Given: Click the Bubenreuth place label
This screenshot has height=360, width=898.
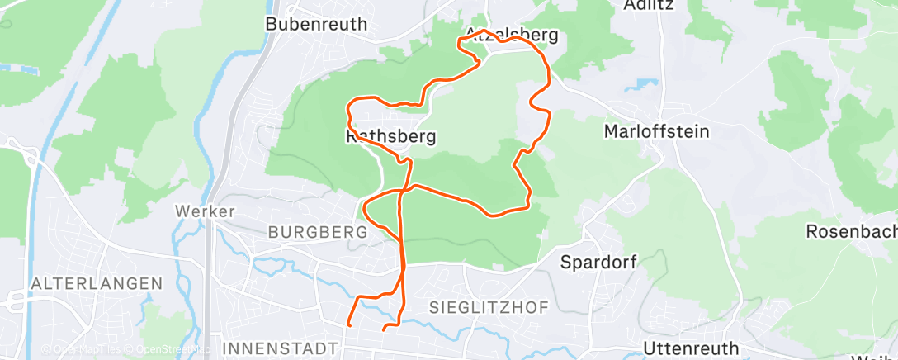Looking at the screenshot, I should click(x=316, y=24).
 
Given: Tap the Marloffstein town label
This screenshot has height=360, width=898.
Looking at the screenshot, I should click(x=657, y=131).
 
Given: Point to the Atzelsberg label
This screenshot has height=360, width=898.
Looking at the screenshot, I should click(x=512, y=35).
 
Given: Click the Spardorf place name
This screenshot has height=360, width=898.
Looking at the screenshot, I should click(x=599, y=263).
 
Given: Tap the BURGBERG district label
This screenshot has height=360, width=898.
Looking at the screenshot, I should click(x=318, y=233).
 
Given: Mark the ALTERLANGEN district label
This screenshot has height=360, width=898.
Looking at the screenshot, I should click(x=96, y=283).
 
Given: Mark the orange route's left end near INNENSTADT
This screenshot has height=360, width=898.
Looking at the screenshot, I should click(x=348, y=324).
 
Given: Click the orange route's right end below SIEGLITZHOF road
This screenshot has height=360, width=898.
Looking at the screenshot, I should click(x=385, y=329).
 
